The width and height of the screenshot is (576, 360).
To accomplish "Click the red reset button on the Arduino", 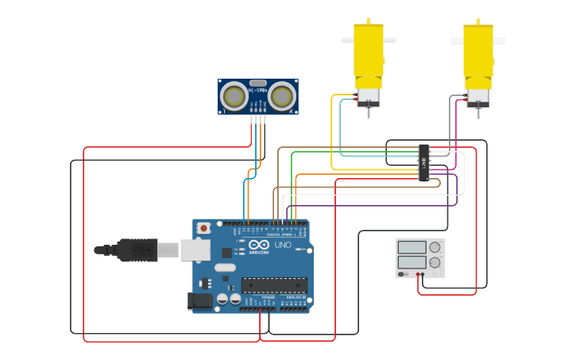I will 203,228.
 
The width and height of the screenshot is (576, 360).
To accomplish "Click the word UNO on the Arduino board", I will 283,245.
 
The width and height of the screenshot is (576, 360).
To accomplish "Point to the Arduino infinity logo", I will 260,245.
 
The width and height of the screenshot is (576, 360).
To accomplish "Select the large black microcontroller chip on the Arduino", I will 274,285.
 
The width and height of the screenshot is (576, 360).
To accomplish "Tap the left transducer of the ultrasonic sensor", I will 234,96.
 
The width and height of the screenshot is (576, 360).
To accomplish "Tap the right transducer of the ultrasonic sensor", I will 281,96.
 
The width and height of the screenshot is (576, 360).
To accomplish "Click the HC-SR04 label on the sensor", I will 257,91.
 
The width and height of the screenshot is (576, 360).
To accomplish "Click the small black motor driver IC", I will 424,163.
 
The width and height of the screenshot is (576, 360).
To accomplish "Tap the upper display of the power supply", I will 412,246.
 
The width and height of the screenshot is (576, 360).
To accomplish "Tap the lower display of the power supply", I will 412,261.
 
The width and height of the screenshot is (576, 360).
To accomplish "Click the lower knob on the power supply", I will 435,262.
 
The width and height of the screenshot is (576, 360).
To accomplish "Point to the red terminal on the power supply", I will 418,275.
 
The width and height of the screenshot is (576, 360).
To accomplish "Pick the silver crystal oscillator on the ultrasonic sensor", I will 257,83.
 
